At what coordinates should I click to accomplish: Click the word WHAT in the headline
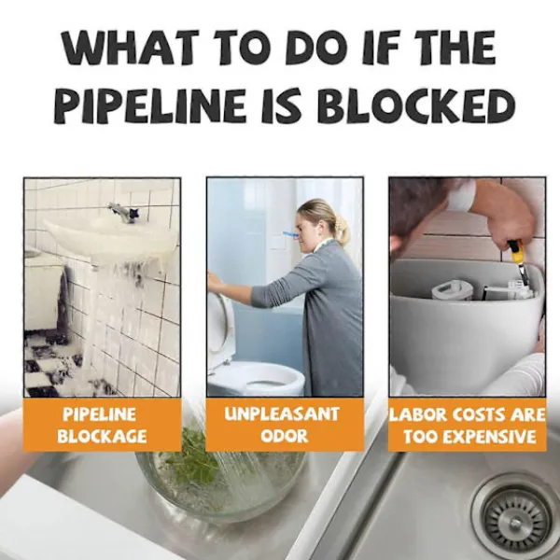[130, 48]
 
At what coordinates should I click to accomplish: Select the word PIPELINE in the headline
[149, 105]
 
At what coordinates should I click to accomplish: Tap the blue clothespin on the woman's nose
[290, 234]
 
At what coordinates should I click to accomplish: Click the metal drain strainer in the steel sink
[516, 518]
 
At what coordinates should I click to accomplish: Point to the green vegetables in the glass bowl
[193, 455]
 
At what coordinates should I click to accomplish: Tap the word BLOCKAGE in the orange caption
[102, 437]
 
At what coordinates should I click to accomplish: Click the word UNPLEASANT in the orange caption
[282, 414]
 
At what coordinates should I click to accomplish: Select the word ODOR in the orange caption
[285, 436]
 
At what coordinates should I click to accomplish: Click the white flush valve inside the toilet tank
[453, 289]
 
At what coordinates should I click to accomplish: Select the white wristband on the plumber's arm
[462, 195]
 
